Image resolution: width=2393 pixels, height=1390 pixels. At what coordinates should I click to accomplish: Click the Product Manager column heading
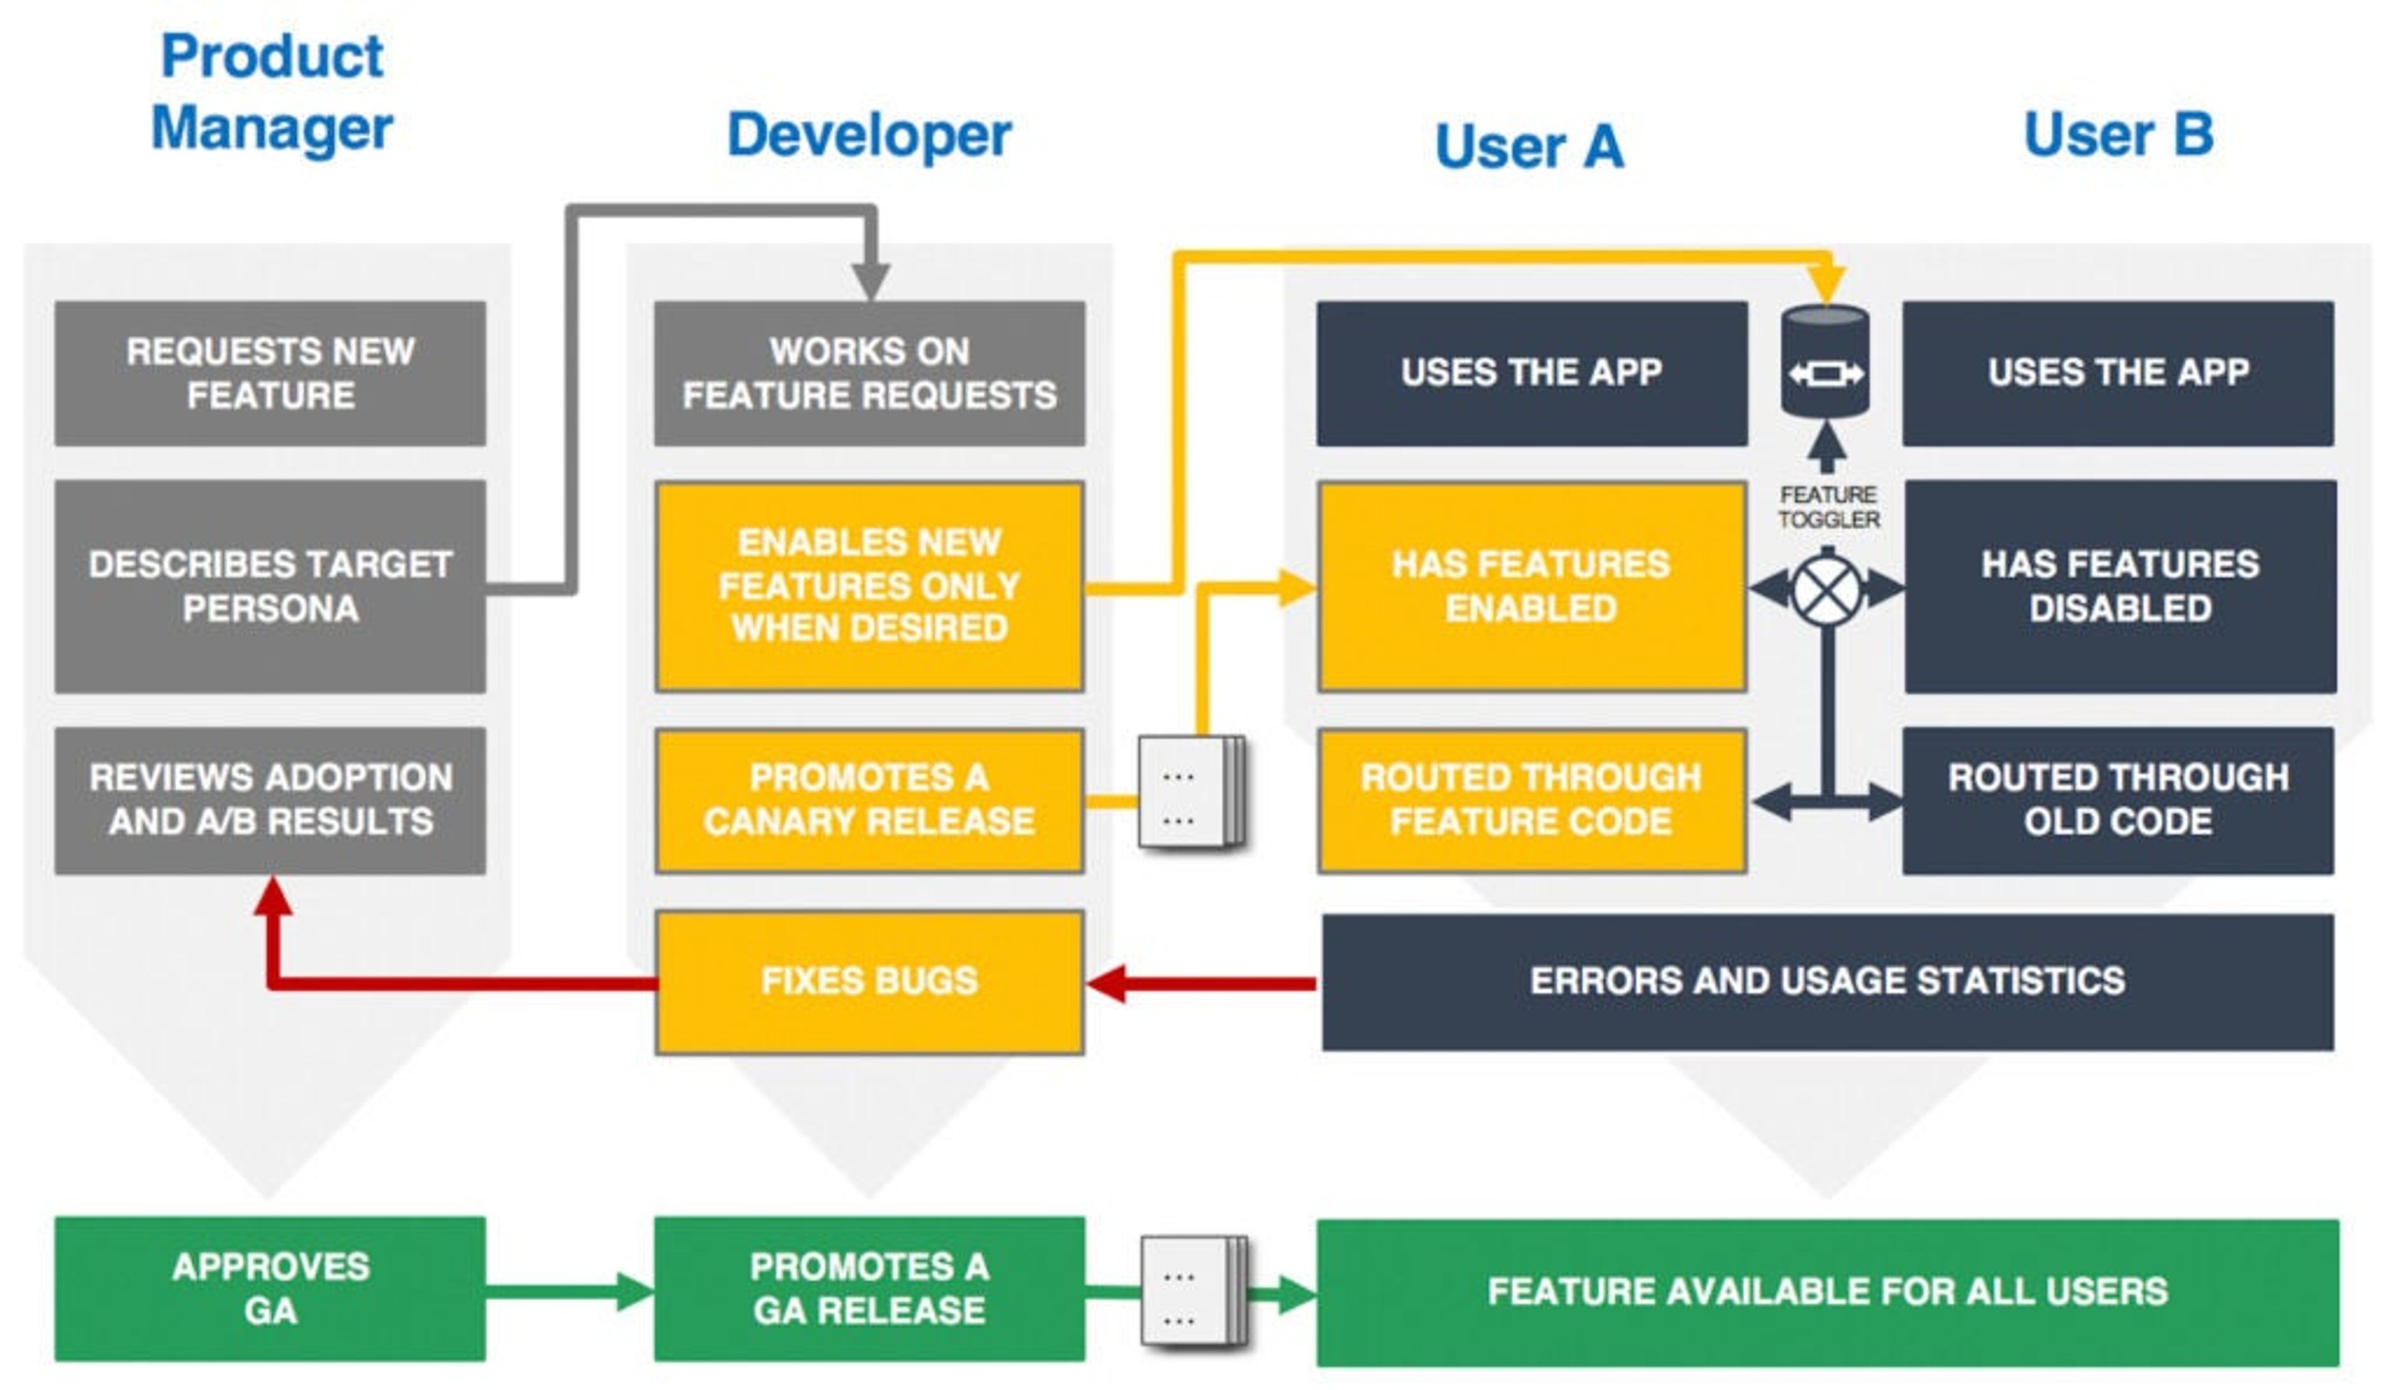pos(272,92)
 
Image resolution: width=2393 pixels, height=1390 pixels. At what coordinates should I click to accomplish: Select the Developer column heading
pos(869,135)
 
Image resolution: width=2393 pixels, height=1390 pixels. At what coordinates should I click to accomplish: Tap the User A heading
pos(1529,147)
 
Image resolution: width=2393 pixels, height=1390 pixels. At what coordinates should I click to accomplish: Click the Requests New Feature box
pos(270,373)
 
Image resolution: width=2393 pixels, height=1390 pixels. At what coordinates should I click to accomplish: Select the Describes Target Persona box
pos(270,586)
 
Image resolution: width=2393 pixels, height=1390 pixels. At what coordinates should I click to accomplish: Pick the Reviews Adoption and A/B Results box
pos(270,799)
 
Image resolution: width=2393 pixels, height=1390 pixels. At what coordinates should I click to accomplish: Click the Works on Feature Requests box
pos(869,373)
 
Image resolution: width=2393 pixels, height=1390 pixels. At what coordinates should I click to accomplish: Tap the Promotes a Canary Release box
pos(869,799)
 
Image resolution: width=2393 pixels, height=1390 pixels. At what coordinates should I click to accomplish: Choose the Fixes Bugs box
pos(869,981)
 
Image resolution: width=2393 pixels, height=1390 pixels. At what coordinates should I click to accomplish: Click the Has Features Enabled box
pos(1531,586)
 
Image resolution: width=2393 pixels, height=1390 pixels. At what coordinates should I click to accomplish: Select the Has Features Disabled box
pos(2119,586)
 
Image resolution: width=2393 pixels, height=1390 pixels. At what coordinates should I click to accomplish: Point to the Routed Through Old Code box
pos(2118,799)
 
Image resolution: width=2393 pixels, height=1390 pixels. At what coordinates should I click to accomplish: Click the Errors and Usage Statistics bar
pos(1827,981)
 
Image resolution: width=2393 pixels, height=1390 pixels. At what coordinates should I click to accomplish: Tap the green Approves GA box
pos(270,1288)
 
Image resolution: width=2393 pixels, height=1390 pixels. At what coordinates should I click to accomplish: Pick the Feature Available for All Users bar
pos(1827,1292)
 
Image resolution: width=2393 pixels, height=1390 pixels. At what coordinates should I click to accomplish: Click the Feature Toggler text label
pos(1828,507)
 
